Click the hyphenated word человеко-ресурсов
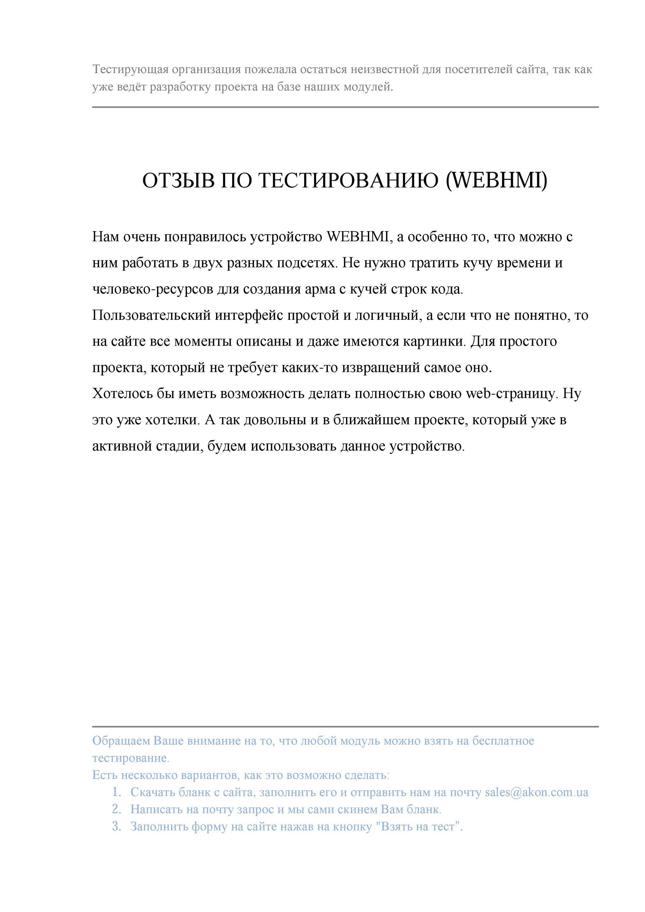pyautogui.click(x=153, y=289)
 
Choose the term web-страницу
pyautogui.click(x=512, y=394)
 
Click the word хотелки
pyautogui.click(x=171, y=420)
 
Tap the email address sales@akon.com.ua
pyautogui.click(x=536, y=792)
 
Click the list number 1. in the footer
pyautogui.click(x=116, y=792)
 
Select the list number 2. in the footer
pyautogui.click(x=116, y=809)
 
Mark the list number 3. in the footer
pyautogui.click(x=116, y=827)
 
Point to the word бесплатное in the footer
pyautogui.click(x=503, y=741)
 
